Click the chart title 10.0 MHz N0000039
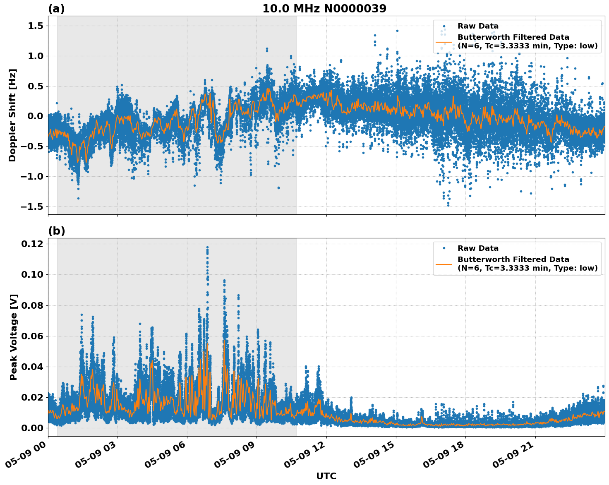point(324,9)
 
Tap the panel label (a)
point(56,9)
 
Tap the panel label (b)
point(56,231)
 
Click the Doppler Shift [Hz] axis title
point(12,115)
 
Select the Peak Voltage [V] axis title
point(14,337)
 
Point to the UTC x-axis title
point(326,476)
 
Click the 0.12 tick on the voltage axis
point(32,244)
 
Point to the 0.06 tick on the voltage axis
point(32,336)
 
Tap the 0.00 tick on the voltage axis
point(32,428)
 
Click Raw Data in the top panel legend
point(478,26)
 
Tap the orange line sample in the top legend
point(444,41)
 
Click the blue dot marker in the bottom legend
point(444,248)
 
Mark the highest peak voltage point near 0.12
point(207,247)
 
